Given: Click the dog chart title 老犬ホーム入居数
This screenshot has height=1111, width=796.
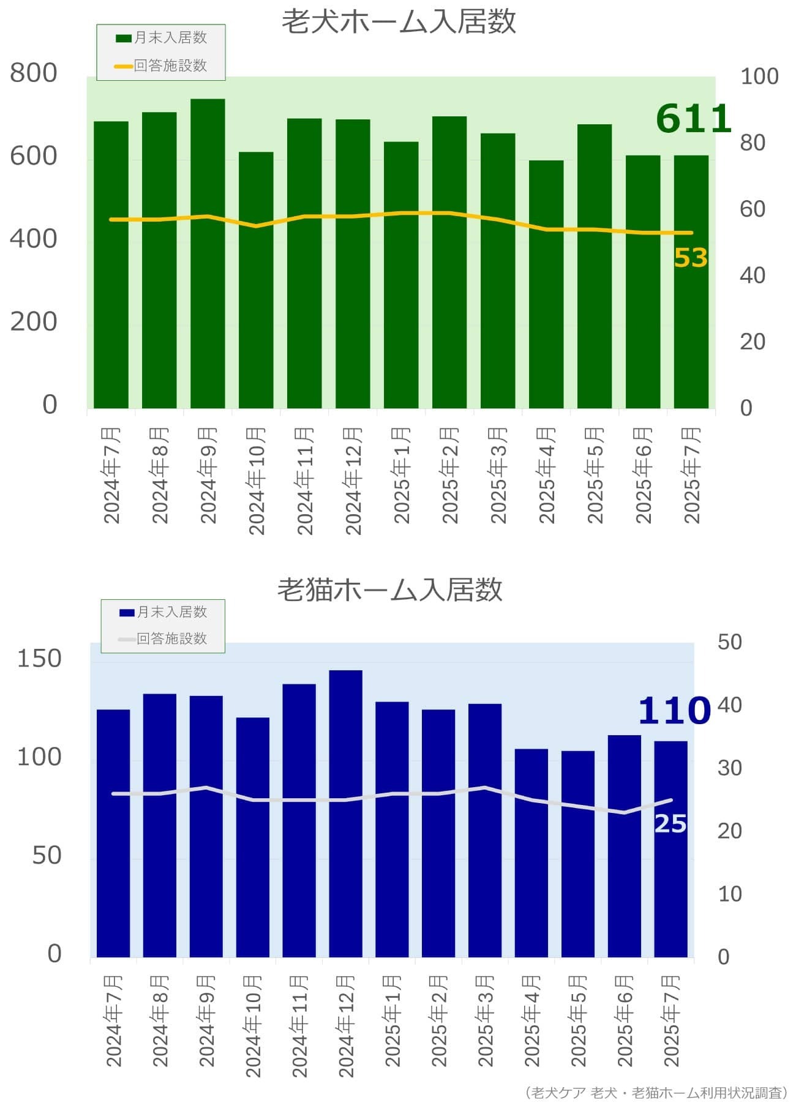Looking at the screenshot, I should coord(399,21).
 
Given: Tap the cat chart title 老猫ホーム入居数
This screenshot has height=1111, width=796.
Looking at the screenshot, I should coord(390,589).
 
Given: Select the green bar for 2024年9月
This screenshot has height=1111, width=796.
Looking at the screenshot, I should coord(208,253).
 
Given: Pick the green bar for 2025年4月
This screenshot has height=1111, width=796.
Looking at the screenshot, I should coord(546,284).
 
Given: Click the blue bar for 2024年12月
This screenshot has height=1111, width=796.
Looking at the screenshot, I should coord(345,814).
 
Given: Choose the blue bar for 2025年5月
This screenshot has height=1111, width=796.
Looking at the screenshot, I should coord(578,854).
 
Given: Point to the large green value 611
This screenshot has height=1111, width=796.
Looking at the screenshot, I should coord(693,119).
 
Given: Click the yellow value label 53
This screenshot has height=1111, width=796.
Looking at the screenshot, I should coord(691,258).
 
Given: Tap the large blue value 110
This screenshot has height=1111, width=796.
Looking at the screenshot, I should coord(674,711).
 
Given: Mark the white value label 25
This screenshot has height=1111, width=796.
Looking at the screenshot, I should coord(670,824).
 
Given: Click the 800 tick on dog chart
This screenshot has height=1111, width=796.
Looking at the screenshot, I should coord(34,73).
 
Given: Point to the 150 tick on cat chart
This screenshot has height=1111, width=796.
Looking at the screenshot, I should coord(39,659).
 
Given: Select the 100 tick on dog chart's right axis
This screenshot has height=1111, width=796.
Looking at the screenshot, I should coord(759,77).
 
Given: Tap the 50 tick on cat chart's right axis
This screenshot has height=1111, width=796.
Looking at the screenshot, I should coord(729,642).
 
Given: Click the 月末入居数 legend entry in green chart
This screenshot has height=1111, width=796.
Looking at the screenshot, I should coord(162,38).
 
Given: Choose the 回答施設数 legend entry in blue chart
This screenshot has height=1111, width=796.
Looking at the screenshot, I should coord(163,638).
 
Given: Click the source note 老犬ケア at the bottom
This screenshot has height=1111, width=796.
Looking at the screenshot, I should coord(558,1093).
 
